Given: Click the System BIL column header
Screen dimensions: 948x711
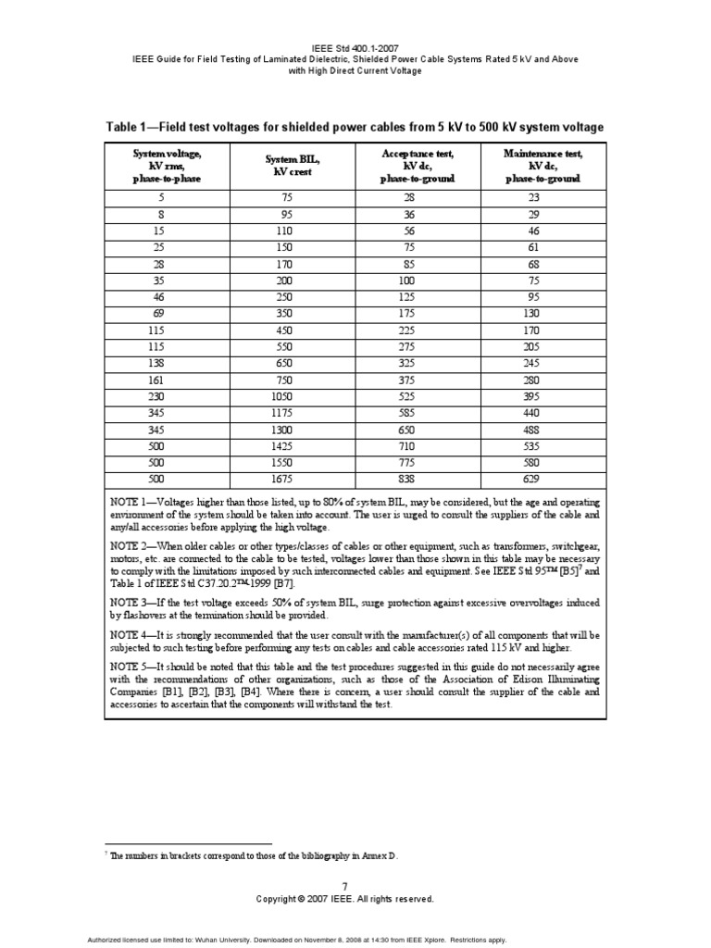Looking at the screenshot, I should [x=292, y=165].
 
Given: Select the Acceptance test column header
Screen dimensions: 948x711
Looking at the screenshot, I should [x=417, y=165].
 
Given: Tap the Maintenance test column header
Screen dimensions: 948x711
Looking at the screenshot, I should [x=543, y=165].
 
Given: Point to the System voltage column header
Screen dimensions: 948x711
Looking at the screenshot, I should [x=167, y=165].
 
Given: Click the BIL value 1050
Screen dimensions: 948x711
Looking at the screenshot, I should [x=292, y=396].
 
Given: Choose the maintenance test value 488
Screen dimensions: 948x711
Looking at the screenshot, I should [x=543, y=429].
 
